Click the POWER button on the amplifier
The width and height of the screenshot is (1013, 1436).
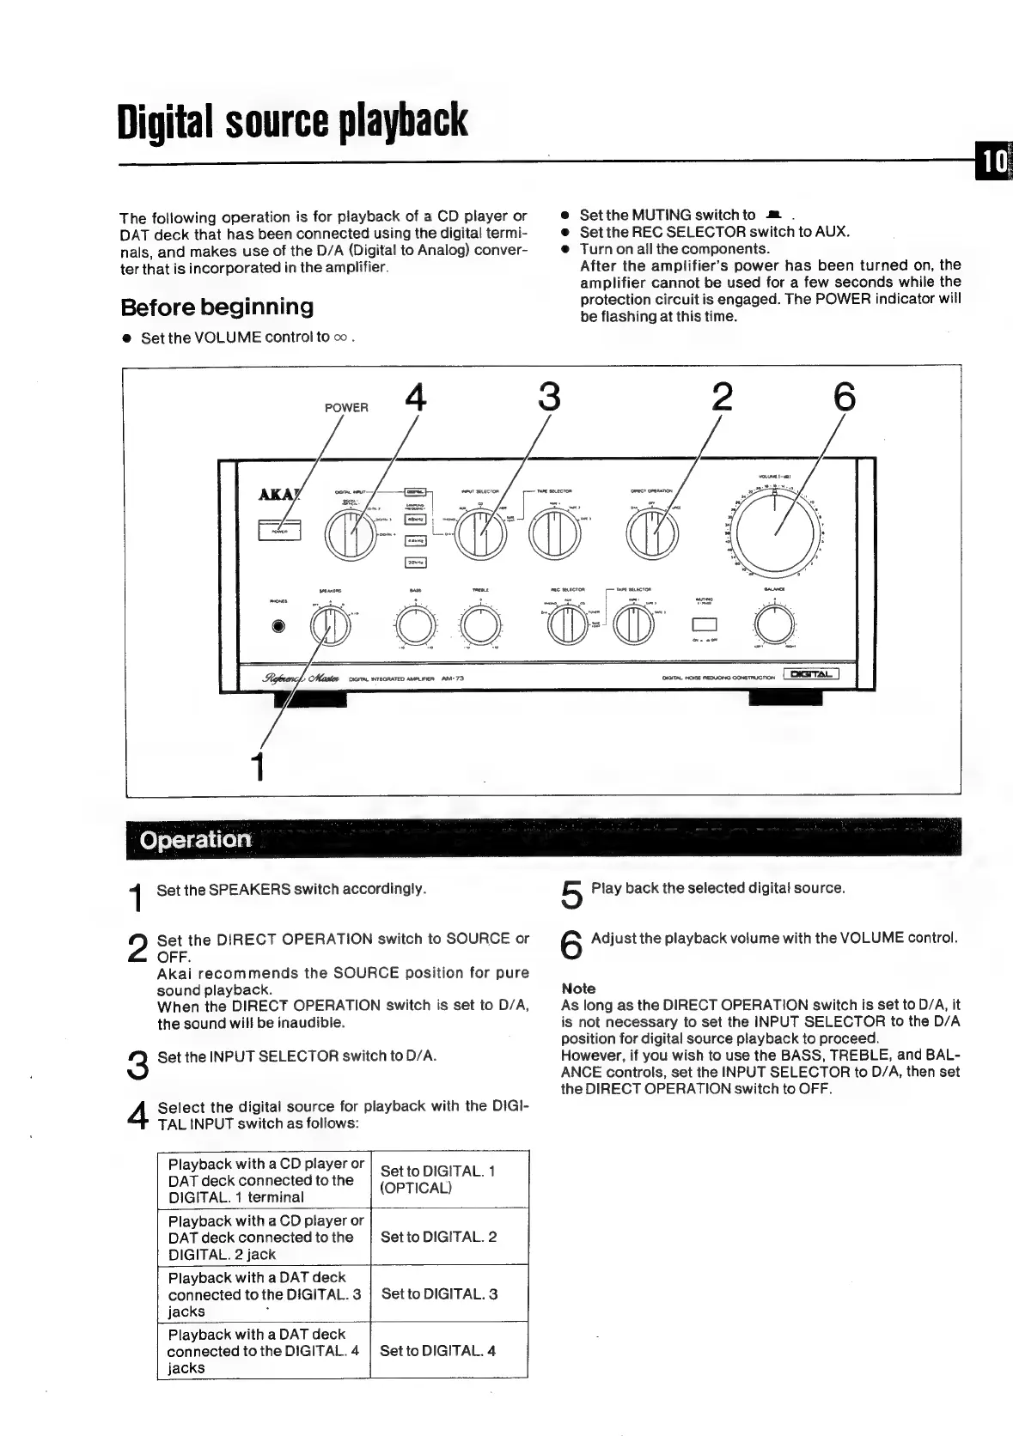[278, 532]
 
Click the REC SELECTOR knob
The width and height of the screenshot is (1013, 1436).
[566, 626]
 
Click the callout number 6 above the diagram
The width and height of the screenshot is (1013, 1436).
[844, 398]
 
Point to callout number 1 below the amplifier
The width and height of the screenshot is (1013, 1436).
[255, 765]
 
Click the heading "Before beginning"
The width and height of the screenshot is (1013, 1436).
[217, 307]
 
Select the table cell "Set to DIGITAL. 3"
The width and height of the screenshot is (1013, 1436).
[439, 1293]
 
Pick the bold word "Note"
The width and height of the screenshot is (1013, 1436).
[578, 989]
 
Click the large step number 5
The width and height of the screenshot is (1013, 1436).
[571, 896]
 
